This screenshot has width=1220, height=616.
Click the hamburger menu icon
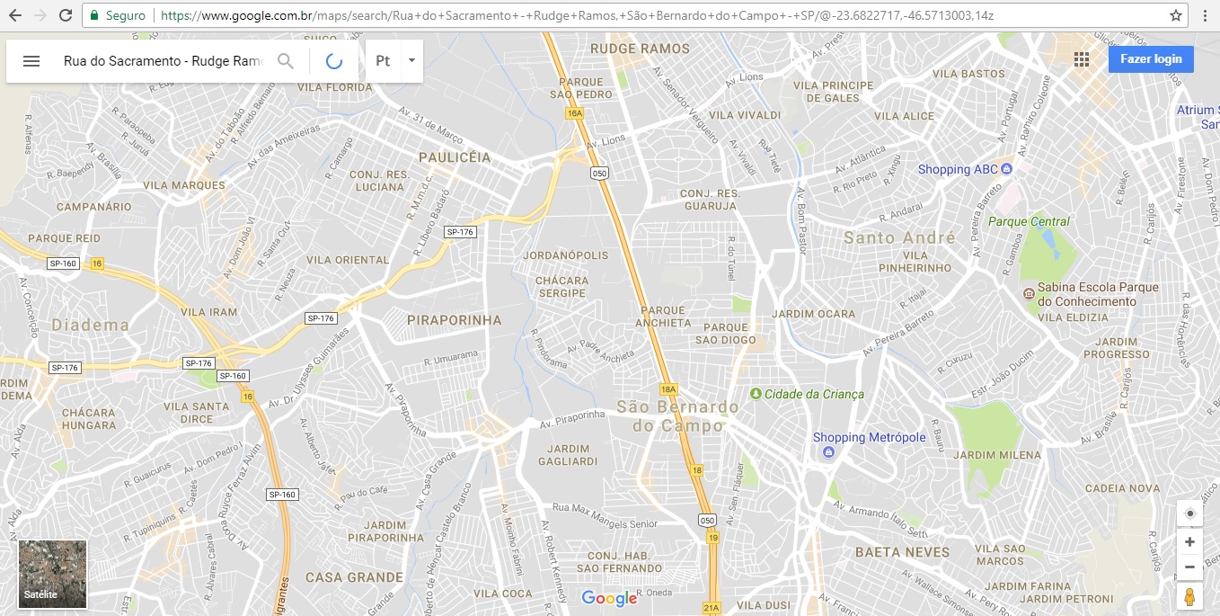[31, 61]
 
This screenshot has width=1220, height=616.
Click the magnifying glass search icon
[286, 61]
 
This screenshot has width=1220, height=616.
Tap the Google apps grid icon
[1082, 59]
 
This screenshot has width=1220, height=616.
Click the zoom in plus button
[1189, 542]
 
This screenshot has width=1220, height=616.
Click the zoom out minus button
[1189, 567]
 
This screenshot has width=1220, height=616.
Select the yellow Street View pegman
[1189, 597]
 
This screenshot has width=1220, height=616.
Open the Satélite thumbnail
[53, 574]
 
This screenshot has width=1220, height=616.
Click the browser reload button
[66, 15]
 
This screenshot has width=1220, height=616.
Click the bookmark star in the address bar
[1176, 15]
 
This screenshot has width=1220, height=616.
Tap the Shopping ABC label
[958, 169]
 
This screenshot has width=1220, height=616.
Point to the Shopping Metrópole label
[869, 438]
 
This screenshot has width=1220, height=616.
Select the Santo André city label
[899, 237]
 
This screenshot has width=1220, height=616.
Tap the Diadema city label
[90, 325]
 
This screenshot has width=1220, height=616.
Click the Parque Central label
[1029, 221]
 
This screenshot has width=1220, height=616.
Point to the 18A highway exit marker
[667, 389]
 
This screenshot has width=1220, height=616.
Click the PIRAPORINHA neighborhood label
[454, 319]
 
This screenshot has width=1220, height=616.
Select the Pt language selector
[393, 61]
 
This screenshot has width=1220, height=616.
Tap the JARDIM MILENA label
[996, 455]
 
